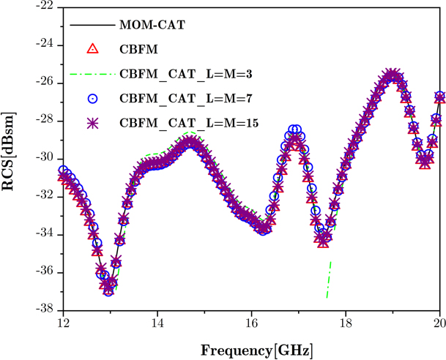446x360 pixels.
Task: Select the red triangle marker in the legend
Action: coord(92,49)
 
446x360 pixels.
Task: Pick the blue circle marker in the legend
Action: coord(92,97)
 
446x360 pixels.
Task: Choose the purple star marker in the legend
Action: coord(92,121)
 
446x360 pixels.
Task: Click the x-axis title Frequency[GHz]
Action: coord(252,348)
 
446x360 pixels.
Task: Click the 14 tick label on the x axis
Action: coord(157,323)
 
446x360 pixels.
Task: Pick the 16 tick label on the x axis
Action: coord(251,323)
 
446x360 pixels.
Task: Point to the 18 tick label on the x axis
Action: coord(346,323)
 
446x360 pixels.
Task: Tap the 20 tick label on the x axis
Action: coord(439,323)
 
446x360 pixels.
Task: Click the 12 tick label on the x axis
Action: coord(63,323)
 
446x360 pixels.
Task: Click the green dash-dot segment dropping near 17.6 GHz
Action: coord(329,278)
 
